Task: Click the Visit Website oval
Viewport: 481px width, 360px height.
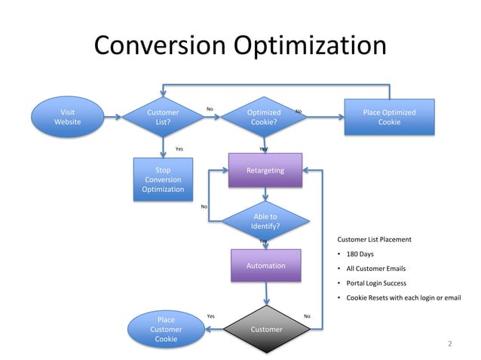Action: click(67, 117)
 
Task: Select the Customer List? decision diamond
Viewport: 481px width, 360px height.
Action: click(163, 117)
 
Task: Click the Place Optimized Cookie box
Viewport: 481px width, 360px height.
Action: click(389, 117)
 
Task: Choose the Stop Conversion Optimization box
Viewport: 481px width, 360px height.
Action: click(163, 180)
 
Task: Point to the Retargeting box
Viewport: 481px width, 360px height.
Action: click(265, 171)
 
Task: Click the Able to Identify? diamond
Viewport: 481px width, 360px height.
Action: click(265, 221)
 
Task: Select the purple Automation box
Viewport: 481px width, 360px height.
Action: click(265, 266)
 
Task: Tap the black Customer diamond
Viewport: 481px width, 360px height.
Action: click(265, 329)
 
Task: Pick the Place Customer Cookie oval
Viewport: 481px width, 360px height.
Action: click(166, 330)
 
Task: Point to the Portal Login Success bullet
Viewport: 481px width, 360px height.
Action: click(375, 283)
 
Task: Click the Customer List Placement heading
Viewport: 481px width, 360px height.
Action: click(374, 239)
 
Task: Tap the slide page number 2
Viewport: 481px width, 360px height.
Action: click(450, 344)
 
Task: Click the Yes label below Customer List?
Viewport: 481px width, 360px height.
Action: click(179, 149)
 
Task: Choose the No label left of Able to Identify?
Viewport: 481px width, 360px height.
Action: click(204, 206)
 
